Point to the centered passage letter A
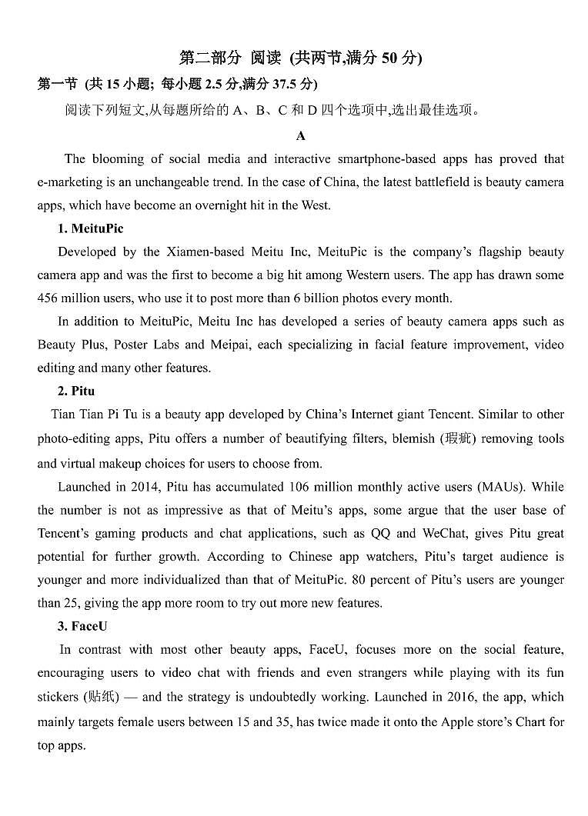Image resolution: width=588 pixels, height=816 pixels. [x=301, y=136]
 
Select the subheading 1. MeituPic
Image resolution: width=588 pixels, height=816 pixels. [x=90, y=228]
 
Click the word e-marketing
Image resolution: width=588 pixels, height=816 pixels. [x=69, y=182]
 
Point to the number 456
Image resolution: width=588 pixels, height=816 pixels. [x=48, y=298]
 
